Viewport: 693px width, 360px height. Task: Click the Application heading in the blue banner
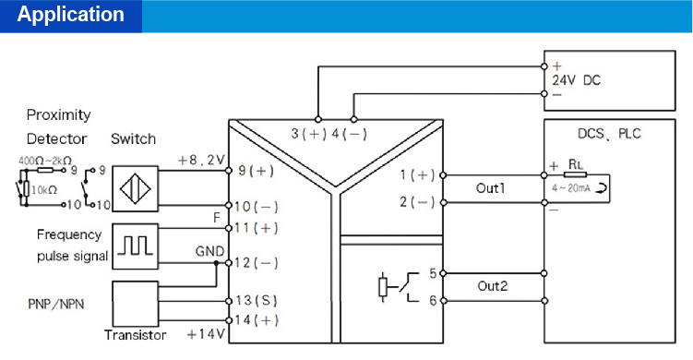coord(70,15)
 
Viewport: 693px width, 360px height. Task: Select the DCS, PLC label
coord(609,134)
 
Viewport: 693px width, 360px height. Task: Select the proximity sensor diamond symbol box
coord(136,186)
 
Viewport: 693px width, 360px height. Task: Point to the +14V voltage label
coord(206,332)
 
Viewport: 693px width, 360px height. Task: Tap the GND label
coord(209,250)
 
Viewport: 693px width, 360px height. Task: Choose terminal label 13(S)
coord(257,301)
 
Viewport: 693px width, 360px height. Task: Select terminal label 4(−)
coord(349,134)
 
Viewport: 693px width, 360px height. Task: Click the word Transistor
coord(136,335)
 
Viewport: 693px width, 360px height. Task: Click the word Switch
coord(134,139)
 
